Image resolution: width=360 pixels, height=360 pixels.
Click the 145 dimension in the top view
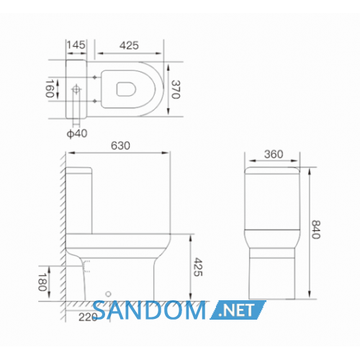pos(76,45)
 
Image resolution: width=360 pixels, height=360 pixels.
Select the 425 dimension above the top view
pos(129,45)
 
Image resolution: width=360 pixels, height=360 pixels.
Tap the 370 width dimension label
pos(176,89)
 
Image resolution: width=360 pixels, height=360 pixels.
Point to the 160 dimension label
pos(50,89)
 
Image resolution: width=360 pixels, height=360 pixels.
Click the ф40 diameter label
pos(77,133)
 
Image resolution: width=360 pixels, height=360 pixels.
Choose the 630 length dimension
pos(120,145)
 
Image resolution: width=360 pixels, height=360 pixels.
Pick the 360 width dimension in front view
pos(274,154)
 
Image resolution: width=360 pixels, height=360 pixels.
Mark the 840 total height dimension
pos(316,230)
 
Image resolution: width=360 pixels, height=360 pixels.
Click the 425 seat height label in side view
pos(198,267)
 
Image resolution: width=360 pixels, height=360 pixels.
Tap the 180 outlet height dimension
pos(42,282)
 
